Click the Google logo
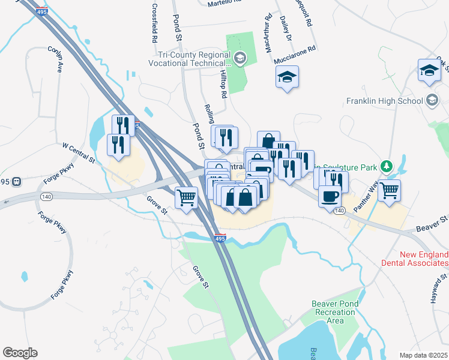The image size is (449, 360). coord(20,353)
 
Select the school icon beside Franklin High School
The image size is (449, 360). coord(432,101)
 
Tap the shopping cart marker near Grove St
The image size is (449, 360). coord(187,197)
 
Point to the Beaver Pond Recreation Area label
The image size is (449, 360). coord(335,312)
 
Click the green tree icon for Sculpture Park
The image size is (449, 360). coord(388,166)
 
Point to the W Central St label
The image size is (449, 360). coord(79,153)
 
